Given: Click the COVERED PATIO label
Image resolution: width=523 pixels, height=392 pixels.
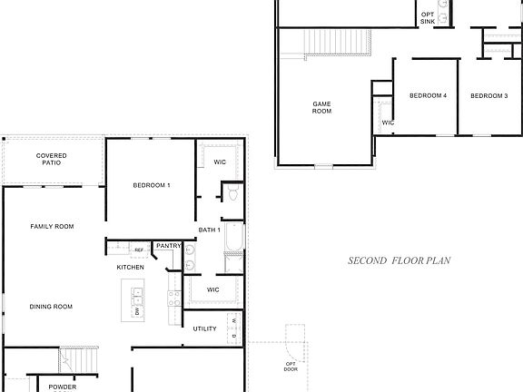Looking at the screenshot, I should (51, 160).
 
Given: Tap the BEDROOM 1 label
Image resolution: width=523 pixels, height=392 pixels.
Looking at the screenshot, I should (152, 185).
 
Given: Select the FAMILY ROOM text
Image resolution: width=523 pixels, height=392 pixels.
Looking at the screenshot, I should (52, 226).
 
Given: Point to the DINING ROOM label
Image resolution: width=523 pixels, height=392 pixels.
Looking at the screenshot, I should (51, 307).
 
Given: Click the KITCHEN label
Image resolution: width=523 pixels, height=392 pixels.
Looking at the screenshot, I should (130, 268).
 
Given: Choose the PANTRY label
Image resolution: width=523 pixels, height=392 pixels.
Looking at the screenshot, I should (169, 246).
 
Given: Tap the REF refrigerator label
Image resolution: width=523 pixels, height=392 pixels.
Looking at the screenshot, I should (139, 250).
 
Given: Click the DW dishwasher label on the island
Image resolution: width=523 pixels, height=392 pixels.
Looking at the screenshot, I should (137, 311).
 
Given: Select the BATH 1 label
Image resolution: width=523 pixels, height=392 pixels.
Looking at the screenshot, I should (210, 230).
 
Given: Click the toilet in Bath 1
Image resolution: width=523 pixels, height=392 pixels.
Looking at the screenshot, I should (232, 194).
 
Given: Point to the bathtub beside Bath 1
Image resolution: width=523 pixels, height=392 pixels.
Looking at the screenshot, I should (233, 241).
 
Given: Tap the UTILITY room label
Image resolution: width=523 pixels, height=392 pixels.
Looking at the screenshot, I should (204, 328).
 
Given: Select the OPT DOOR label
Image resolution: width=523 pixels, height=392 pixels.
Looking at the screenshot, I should (291, 367).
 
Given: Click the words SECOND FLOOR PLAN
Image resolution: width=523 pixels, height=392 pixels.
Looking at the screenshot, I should (400, 260).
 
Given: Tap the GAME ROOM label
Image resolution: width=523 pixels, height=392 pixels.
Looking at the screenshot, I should (322, 108).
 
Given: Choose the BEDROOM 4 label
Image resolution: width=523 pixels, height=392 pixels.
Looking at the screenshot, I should (427, 96).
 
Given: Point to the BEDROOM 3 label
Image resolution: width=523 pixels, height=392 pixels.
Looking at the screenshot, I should (488, 96).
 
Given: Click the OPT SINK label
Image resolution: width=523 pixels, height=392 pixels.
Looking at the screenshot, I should (428, 17).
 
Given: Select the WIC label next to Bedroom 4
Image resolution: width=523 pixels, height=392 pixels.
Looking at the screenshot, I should (388, 122).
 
